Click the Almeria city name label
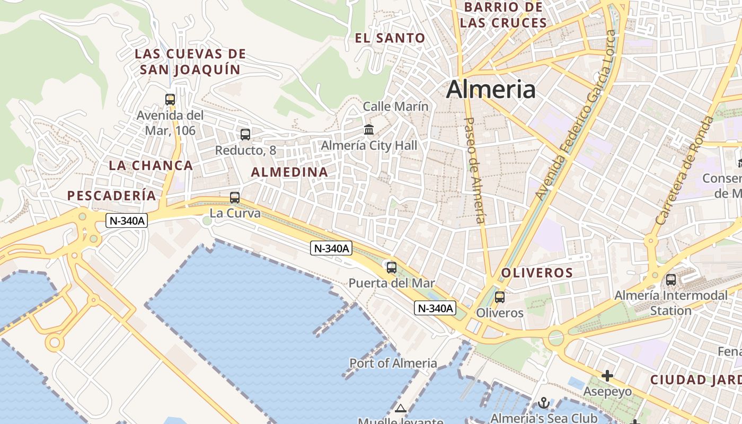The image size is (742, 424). [x=491, y=90]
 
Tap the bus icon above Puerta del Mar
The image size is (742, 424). [x=392, y=268]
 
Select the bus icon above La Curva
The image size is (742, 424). [x=235, y=198]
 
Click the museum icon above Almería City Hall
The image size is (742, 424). [x=369, y=129]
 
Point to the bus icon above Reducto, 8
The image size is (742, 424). [x=245, y=135]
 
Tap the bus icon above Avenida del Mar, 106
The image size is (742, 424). [x=170, y=99]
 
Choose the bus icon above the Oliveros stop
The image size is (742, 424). [x=499, y=297]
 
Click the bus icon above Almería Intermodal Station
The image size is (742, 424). [x=671, y=279]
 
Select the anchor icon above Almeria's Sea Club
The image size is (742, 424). [x=543, y=403]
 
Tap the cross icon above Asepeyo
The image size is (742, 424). [x=607, y=376]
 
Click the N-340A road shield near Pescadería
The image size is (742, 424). [x=126, y=221]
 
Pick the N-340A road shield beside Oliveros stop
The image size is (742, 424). [x=435, y=308]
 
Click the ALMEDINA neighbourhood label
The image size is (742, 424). [x=289, y=172]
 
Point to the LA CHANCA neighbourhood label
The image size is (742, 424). [x=151, y=165]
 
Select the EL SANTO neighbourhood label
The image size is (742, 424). [x=390, y=38]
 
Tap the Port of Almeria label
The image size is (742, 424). [x=393, y=363]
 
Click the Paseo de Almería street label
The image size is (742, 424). [x=475, y=170]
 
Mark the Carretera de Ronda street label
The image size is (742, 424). [x=684, y=170]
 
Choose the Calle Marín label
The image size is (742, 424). [x=395, y=107]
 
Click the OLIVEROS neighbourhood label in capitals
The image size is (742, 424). [x=537, y=273]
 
